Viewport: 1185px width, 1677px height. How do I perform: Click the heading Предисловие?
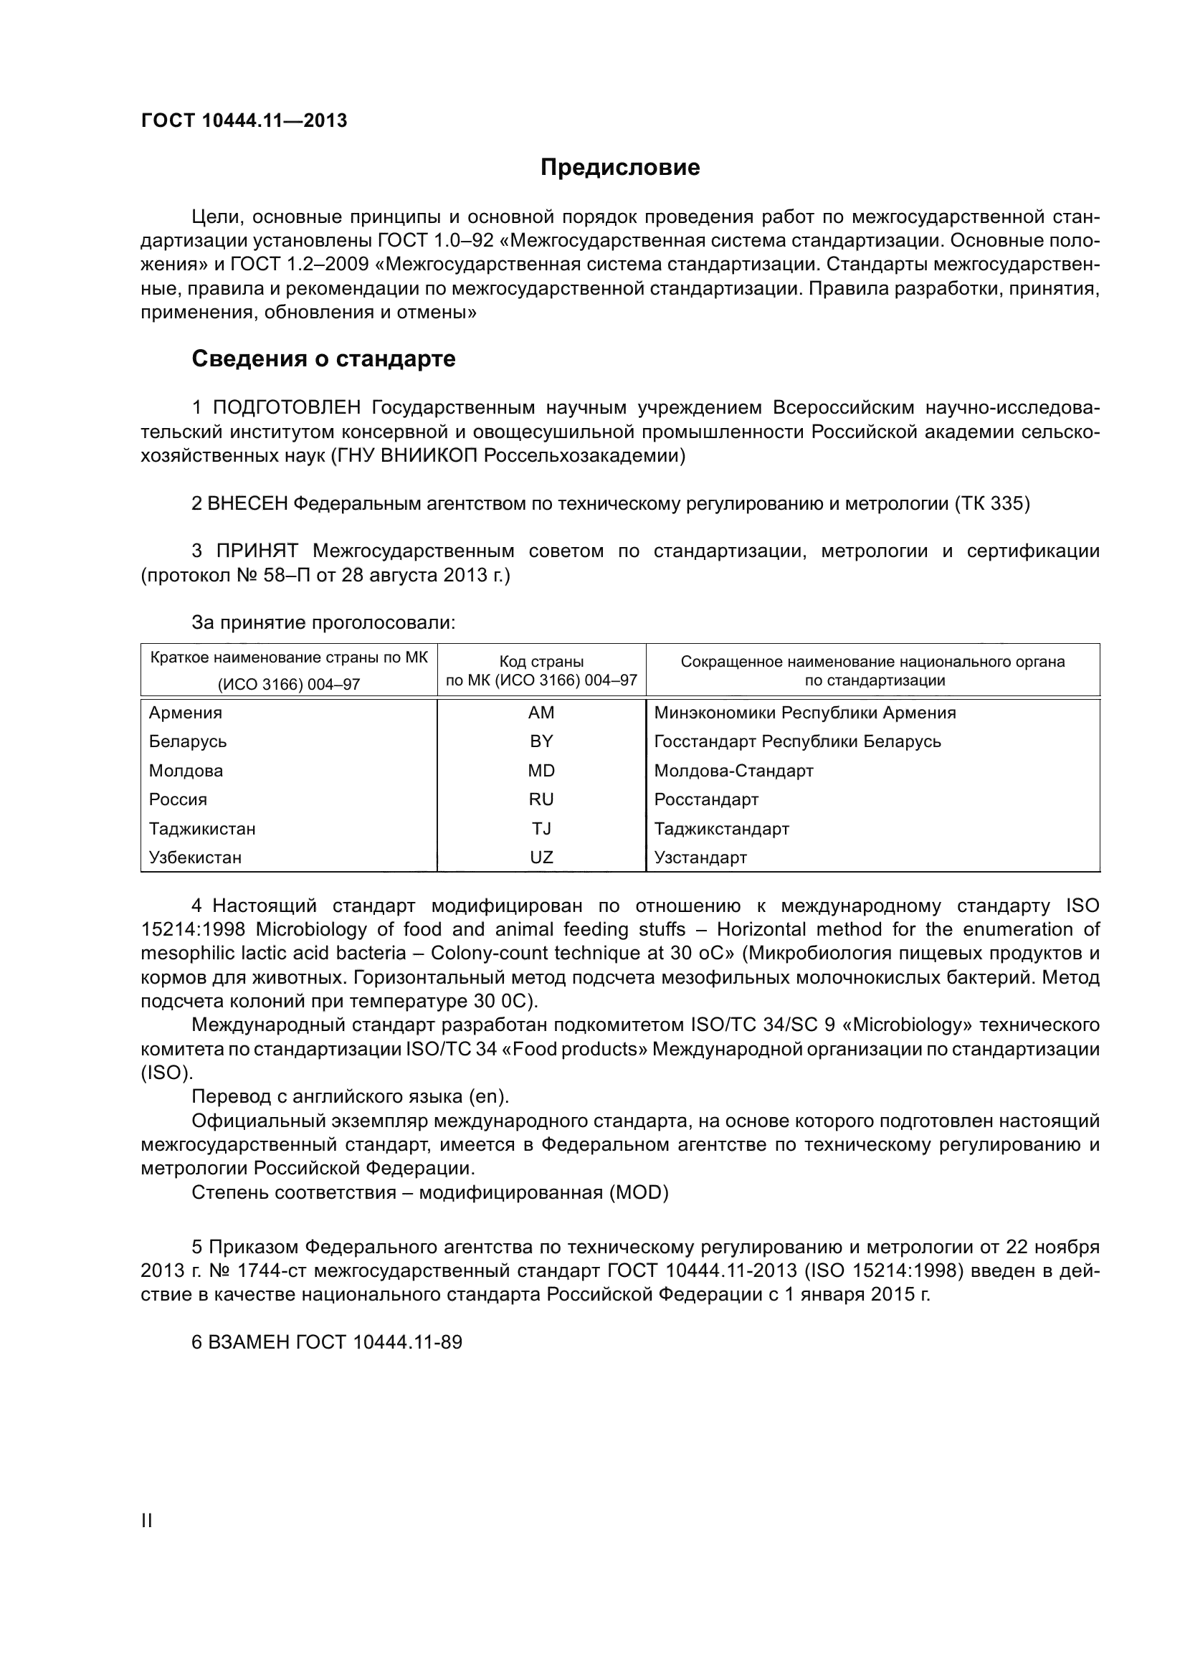coord(620,167)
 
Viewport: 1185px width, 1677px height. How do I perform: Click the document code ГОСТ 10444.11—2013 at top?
coord(244,120)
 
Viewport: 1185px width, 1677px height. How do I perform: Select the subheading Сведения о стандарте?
coord(323,358)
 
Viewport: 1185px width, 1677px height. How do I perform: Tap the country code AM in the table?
coord(541,712)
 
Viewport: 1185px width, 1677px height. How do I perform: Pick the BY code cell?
coord(541,741)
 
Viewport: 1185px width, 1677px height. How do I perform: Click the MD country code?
coord(541,771)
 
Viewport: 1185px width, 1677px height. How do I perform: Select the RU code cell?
coord(541,799)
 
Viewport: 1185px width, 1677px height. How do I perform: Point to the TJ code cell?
coord(541,828)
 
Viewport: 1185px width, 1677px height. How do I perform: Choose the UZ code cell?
coord(541,857)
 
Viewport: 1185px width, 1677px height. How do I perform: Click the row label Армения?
coord(186,712)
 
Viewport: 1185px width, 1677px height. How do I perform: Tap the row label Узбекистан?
coord(195,857)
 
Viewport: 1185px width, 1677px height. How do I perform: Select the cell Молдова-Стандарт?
coord(733,771)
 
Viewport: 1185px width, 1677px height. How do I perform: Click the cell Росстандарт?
coord(706,799)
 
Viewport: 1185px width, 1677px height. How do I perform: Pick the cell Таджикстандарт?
coord(721,828)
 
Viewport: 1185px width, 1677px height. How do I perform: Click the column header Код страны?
coord(541,662)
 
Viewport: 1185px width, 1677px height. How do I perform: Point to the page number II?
coord(146,1521)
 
